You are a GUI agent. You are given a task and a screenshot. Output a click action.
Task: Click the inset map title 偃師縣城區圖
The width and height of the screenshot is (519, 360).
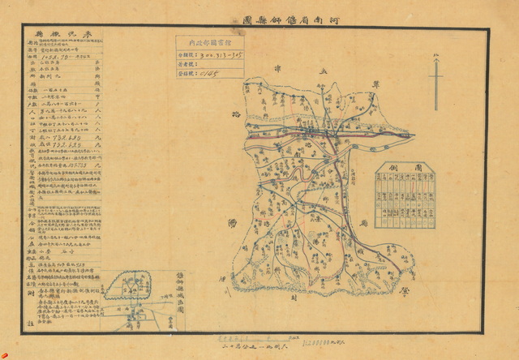pos(180,289)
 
